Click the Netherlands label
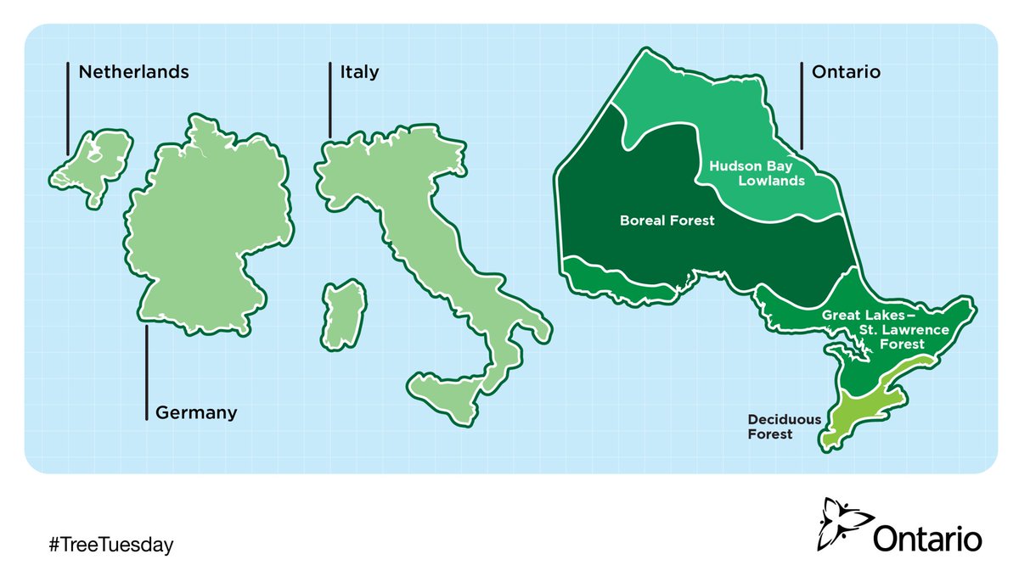[133, 72]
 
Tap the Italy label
[359, 72]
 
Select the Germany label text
[196, 413]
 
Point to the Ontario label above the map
[846, 72]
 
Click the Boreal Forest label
[667, 221]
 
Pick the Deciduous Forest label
[770, 427]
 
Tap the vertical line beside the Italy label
[330, 99]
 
